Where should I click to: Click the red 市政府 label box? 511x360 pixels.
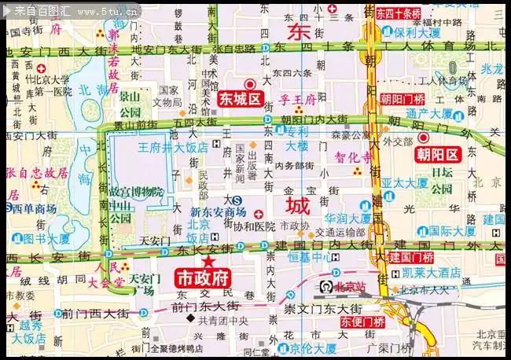coord(202,278)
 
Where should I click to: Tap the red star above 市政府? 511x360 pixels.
coord(208,261)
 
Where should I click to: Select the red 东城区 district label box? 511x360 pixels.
coord(241,99)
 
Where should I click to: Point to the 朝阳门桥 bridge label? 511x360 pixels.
coord(403,99)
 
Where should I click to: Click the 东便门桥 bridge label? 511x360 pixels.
coord(362,321)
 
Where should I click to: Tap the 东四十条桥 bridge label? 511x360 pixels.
coord(398,13)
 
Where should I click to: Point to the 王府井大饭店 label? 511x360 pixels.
coord(173,147)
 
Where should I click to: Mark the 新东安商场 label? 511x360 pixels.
coord(218,212)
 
